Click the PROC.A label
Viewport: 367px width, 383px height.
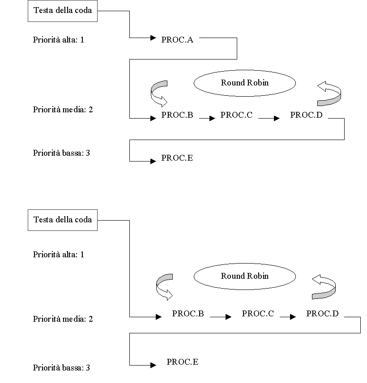click(177, 40)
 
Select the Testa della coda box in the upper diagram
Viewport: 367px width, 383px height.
click(63, 10)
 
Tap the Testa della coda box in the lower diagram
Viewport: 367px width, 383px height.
click(63, 220)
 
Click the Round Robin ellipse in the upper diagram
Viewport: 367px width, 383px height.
click(245, 83)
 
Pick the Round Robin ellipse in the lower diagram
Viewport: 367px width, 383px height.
click(245, 276)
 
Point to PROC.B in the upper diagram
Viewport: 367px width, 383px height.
click(177, 115)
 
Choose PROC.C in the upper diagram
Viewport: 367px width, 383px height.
click(236, 115)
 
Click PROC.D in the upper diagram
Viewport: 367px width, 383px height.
click(306, 115)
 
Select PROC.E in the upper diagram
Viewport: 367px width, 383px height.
click(177, 158)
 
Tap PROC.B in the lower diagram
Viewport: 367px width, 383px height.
click(188, 314)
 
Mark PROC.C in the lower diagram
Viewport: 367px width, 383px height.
click(258, 314)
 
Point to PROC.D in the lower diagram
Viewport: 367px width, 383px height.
click(322, 314)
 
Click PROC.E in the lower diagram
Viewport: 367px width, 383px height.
click(182, 362)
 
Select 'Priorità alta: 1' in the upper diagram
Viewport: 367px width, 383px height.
click(59, 40)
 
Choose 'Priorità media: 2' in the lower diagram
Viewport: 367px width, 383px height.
click(63, 319)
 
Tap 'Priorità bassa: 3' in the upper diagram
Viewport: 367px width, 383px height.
click(61, 153)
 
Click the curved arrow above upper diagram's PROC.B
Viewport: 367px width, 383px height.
click(159, 92)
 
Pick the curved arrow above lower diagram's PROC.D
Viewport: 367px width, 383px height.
click(324, 287)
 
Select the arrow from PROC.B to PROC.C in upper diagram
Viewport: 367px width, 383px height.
click(207, 119)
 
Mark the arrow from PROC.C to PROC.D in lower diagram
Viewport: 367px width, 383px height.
click(288, 317)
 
